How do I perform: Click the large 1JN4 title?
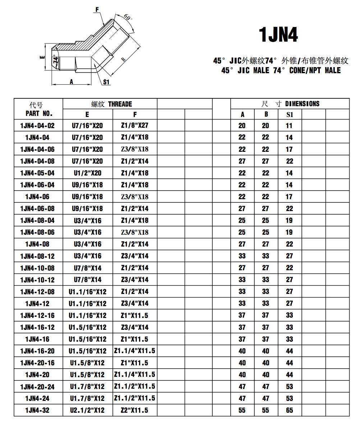pyautogui.click(x=278, y=35)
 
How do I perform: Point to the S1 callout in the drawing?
pyautogui.click(x=106, y=82)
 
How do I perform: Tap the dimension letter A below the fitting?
pyautogui.click(x=71, y=82)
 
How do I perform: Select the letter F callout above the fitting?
pyautogui.click(x=97, y=10)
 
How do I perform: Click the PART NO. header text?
pyautogui.click(x=39, y=114)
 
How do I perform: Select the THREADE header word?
pyautogui.click(x=120, y=104)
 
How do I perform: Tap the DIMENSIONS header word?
pyautogui.click(x=302, y=104)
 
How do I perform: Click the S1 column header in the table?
pyautogui.click(x=290, y=114)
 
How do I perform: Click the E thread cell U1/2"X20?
pyautogui.click(x=87, y=173)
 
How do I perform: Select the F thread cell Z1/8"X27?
pyautogui.click(x=135, y=126)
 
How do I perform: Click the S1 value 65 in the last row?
pyautogui.click(x=290, y=410)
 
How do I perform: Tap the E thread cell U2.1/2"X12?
pyautogui.click(x=87, y=410)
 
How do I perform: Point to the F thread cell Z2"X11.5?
pyautogui.click(x=135, y=410)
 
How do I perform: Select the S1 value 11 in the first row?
pyautogui.click(x=290, y=126)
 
